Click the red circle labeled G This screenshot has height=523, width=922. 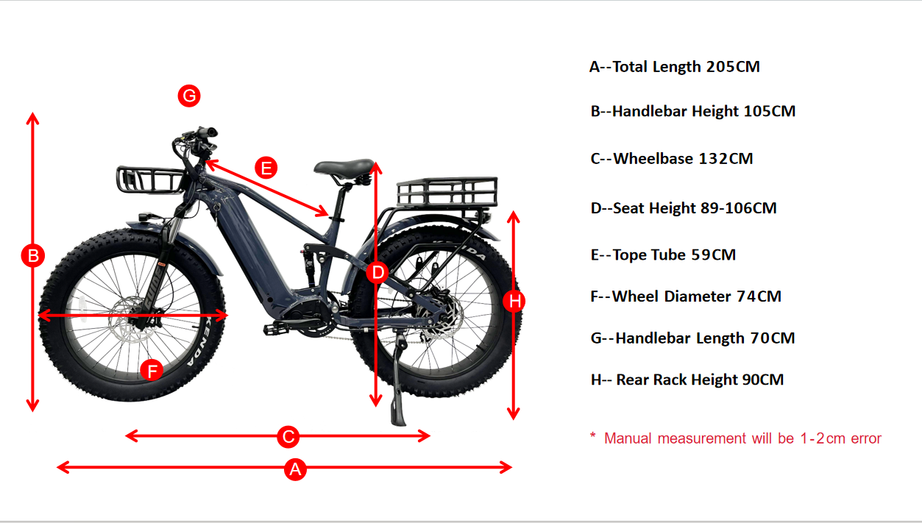[189, 96]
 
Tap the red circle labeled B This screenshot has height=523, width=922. [33, 255]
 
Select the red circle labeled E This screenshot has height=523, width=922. [266, 168]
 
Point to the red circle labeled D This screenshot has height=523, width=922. [377, 272]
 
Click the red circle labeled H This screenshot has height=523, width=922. [514, 301]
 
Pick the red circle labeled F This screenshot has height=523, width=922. [152, 370]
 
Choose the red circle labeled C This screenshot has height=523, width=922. [288, 437]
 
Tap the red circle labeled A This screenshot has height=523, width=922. [296, 469]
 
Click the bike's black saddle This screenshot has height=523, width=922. [345, 168]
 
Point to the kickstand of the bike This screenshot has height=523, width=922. [398, 383]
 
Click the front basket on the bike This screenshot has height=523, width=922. [150, 179]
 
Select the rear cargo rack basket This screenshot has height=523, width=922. [447, 192]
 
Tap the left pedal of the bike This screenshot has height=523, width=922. [275, 328]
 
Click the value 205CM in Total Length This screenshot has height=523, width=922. [733, 67]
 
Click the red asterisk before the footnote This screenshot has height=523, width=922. [593, 435]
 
